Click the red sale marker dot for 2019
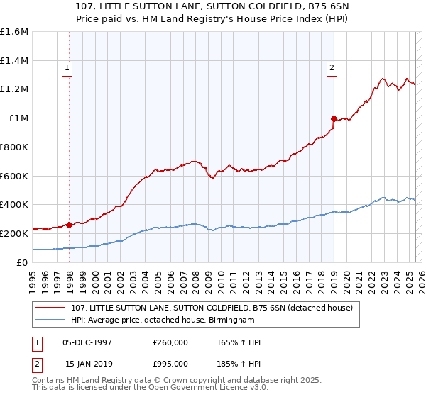click(334, 118)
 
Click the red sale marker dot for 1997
click(70, 225)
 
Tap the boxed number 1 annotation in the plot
click(67, 69)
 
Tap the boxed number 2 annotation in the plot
click(332, 69)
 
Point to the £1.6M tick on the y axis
click(14, 32)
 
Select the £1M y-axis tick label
click(18, 118)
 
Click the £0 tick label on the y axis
click(23, 262)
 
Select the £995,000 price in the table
click(170, 364)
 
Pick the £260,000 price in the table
click(170, 342)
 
